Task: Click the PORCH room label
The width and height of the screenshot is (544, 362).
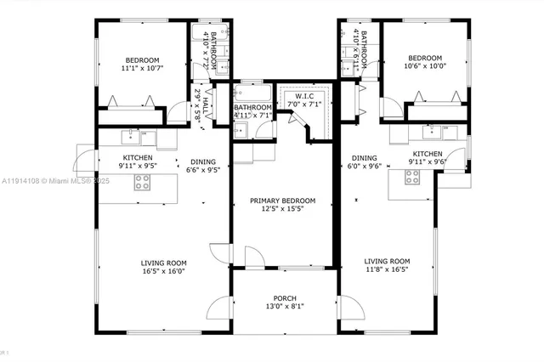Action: pos(284,297)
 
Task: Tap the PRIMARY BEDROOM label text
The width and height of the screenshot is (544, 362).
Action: pos(282,201)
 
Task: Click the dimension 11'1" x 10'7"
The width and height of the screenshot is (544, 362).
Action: pos(140,67)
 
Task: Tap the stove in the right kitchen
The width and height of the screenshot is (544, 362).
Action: pos(412,177)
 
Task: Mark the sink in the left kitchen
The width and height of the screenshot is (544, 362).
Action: pos(134,133)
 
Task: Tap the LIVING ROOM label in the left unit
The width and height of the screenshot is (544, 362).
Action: pos(163,262)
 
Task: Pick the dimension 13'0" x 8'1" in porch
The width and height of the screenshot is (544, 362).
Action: pos(284,307)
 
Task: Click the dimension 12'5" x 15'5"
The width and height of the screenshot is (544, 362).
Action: pos(282,210)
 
